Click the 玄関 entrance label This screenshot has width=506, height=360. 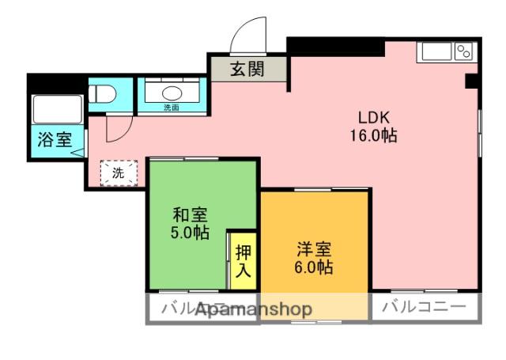[247, 69]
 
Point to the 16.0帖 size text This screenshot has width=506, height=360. [373, 135]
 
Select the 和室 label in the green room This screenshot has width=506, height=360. [191, 214]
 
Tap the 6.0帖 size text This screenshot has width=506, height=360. [314, 267]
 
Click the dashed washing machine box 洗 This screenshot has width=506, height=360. [118, 172]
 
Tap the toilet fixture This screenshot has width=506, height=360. [103, 94]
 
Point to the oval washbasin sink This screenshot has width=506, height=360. [171, 91]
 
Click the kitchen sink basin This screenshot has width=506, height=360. [436, 51]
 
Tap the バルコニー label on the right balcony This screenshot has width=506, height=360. [424, 307]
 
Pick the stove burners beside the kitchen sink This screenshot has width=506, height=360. [465, 51]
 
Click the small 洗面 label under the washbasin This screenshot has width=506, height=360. [171, 108]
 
